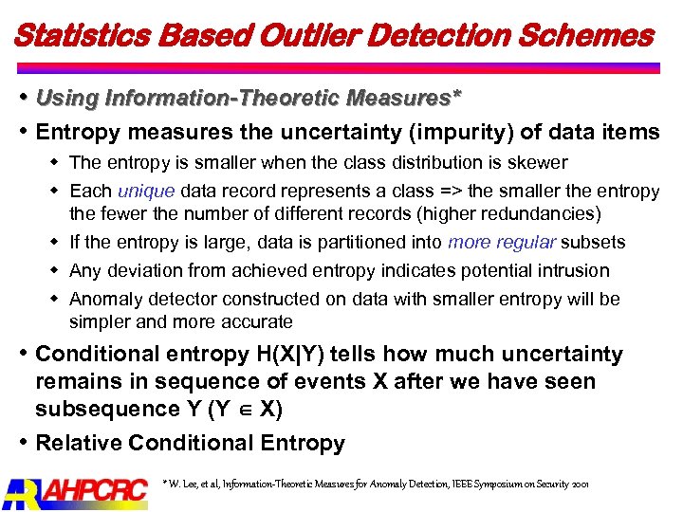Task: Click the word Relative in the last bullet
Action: point(78,443)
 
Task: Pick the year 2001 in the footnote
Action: point(580,484)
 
